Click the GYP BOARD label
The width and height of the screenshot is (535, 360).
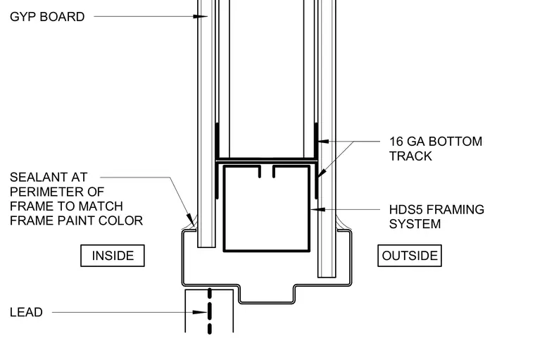[47, 17]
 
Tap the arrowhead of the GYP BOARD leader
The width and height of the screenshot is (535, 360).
[201, 16]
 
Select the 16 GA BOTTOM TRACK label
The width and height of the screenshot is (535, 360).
[436, 149]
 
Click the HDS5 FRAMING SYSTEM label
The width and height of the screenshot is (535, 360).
[436, 216]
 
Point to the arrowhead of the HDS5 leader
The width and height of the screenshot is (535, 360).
[317, 209]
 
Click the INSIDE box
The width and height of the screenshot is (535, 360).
[113, 256]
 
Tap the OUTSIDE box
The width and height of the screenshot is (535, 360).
[410, 256]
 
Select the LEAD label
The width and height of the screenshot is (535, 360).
[26, 312]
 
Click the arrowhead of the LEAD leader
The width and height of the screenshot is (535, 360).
[200, 312]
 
